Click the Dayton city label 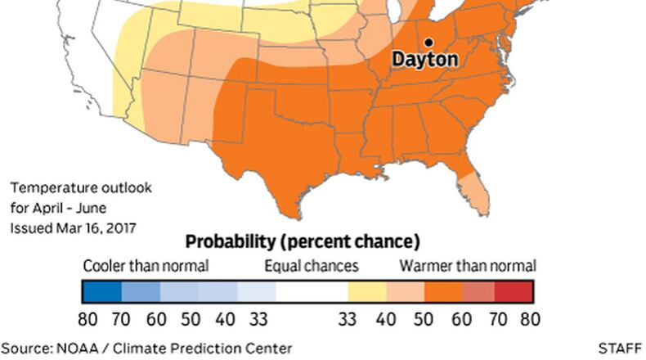pyautogui.click(x=424, y=60)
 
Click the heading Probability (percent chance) pyautogui.click(x=302, y=242)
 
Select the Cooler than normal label pyautogui.click(x=146, y=266)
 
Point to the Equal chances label pyautogui.click(x=311, y=266)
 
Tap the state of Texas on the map pyautogui.click(x=270, y=147)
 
